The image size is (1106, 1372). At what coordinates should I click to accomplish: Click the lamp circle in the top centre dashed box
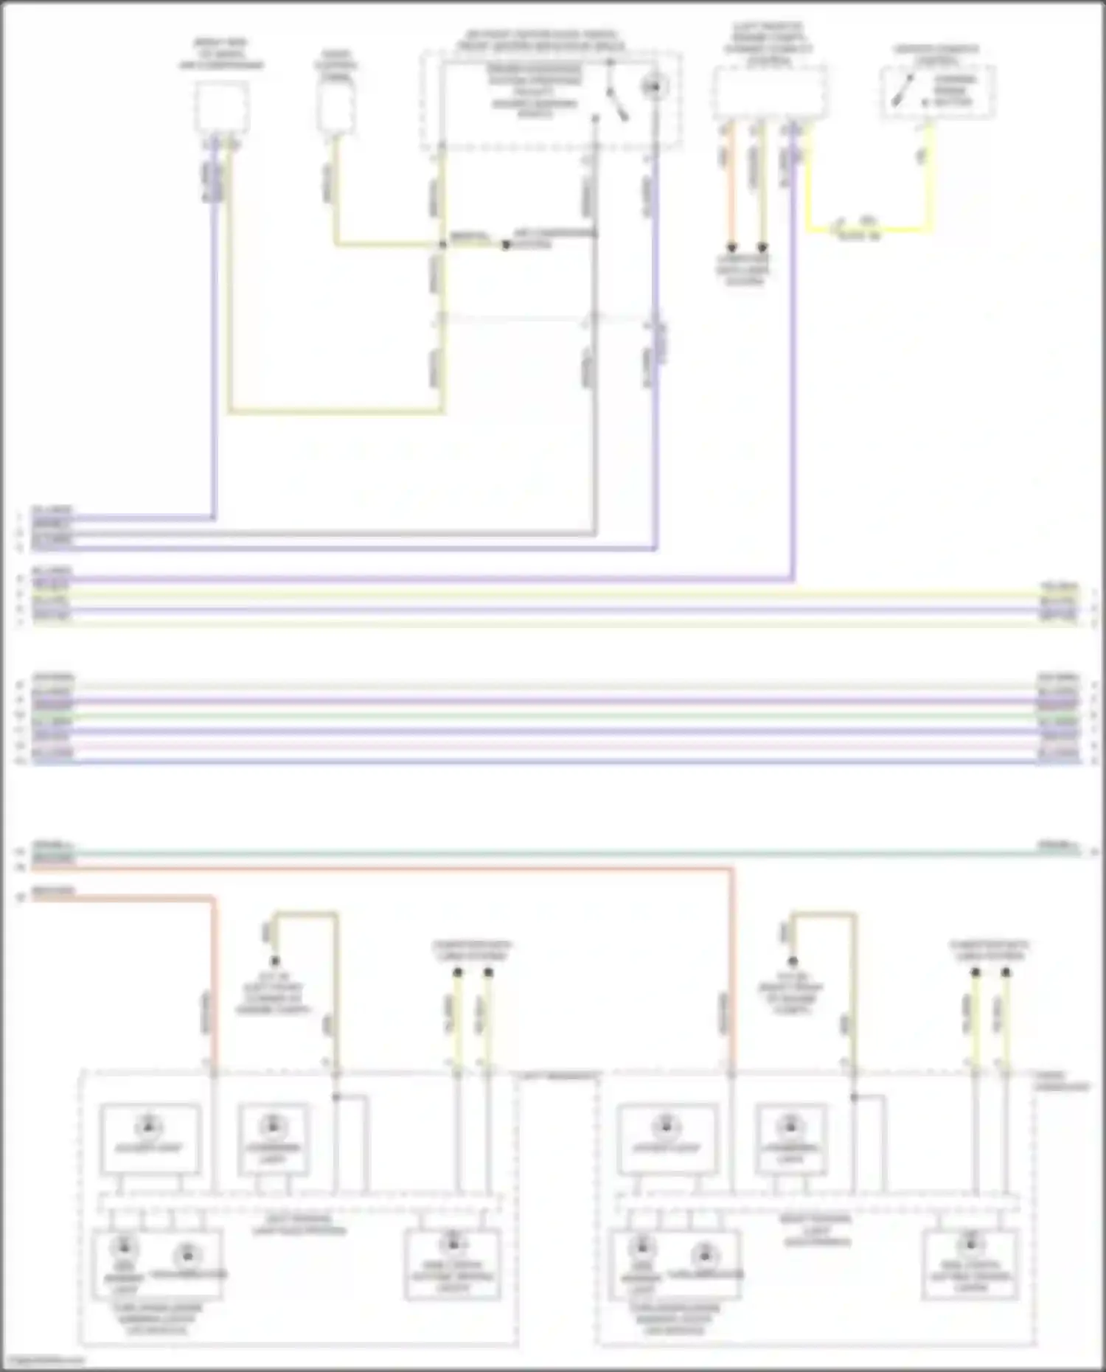coord(652,88)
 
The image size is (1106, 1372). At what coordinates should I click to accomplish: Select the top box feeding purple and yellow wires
coord(221,108)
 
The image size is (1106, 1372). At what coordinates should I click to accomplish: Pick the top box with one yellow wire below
coord(336,108)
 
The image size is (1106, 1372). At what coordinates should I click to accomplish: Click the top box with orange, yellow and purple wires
coord(768,93)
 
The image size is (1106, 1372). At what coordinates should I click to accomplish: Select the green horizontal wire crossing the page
coord(553,717)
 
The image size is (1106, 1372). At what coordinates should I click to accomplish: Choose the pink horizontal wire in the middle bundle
coord(553,746)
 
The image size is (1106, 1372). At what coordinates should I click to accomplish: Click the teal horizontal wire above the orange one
coord(553,853)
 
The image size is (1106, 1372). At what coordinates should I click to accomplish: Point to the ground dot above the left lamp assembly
coord(275,961)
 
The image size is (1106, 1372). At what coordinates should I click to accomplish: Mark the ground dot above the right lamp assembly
coord(793,961)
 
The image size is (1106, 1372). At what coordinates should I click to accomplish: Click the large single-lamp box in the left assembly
coord(150,1138)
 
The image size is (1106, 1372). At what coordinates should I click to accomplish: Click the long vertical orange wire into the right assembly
coord(732,973)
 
